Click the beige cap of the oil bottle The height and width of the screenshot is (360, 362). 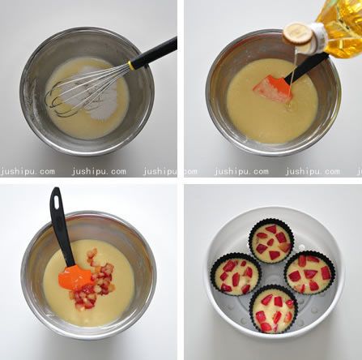pyautogui.click(x=299, y=33)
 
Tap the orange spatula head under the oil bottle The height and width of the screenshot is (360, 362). pyautogui.click(x=271, y=88)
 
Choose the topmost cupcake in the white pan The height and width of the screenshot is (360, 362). pyautogui.click(x=270, y=241)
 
